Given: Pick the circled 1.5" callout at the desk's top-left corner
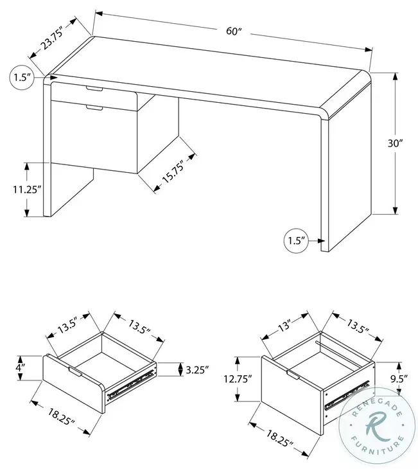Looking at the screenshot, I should pyautogui.click(x=22, y=78).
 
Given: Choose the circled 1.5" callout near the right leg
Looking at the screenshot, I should pyautogui.click(x=295, y=241).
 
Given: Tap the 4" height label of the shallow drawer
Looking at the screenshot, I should pyautogui.click(x=21, y=368).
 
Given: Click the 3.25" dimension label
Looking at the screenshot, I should pyautogui.click(x=198, y=369).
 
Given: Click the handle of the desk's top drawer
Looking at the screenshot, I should pyautogui.click(x=94, y=88).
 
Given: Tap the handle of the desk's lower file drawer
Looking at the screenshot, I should pyautogui.click(x=94, y=109).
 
